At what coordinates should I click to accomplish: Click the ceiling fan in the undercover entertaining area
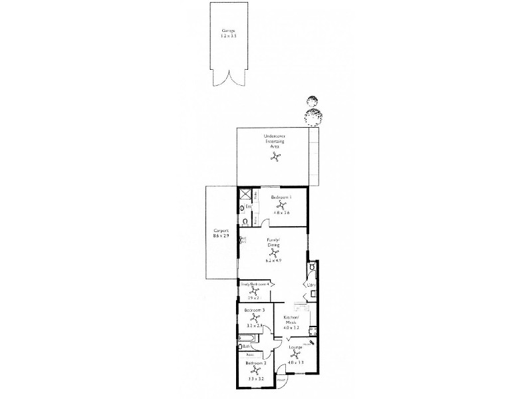(275, 158)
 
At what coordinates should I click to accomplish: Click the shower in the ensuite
(246, 195)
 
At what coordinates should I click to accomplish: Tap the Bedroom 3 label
(255, 311)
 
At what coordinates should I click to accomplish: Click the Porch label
(281, 380)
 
